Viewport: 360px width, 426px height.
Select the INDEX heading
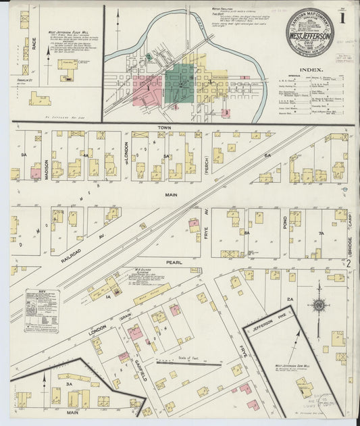tap(311, 69)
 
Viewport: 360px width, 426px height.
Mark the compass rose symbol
tap(317, 305)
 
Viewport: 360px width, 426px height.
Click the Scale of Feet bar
tap(189, 363)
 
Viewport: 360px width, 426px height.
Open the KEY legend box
tap(41, 311)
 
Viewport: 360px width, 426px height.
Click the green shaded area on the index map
tap(178, 84)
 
